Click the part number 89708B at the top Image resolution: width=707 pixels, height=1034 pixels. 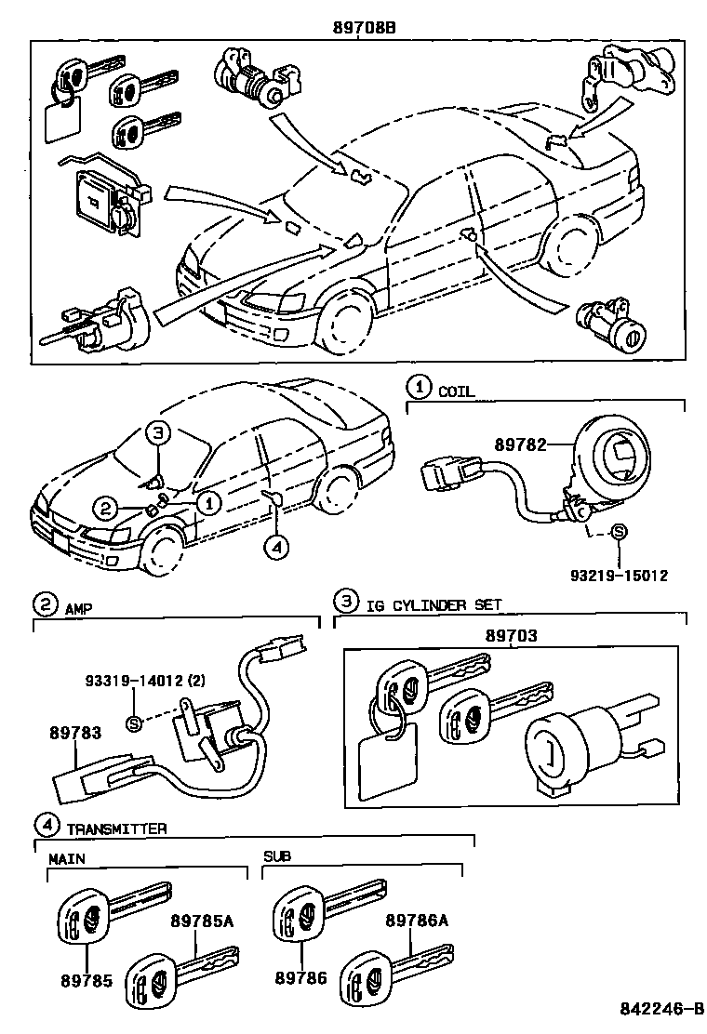pyautogui.click(x=365, y=28)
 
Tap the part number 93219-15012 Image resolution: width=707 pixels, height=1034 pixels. pyautogui.click(x=619, y=576)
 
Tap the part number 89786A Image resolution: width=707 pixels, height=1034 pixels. pyautogui.click(x=417, y=921)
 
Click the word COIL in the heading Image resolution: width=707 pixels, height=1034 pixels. pyautogui.click(x=457, y=391)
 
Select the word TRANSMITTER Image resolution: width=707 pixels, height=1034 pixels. pyautogui.click(x=116, y=828)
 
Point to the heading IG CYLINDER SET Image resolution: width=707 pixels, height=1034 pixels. pyautogui.click(x=433, y=604)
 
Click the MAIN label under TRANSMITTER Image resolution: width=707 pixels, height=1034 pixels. pyautogui.click(x=65, y=859)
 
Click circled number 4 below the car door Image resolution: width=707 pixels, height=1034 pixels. pyautogui.click(x=274, y=548)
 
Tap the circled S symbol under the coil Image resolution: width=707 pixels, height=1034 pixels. pyautogui.click(x=620, y=532)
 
